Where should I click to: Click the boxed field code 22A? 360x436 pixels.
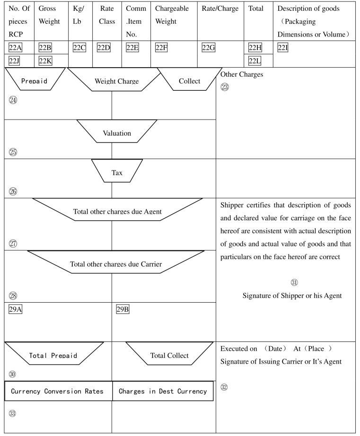coord(15,48)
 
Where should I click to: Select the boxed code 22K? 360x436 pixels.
coord(45,61)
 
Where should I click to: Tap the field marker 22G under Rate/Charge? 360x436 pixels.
coord(208,48)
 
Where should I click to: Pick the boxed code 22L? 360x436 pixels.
coord(255,61)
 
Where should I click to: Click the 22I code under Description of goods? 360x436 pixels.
coord(283,48)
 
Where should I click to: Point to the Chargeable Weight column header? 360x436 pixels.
coord(172,15)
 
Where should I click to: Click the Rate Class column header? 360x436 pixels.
coord(107,15)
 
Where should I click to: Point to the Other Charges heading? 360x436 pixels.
coord(242,75)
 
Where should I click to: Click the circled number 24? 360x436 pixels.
coord(13,100)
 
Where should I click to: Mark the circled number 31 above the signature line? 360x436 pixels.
coord(294,282)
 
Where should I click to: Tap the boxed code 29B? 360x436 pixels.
coord(123,309)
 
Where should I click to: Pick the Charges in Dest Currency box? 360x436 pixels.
coord(163,391)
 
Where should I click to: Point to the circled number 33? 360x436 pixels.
coord(12,413)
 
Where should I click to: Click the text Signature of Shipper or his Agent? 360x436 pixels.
coord(292,296)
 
